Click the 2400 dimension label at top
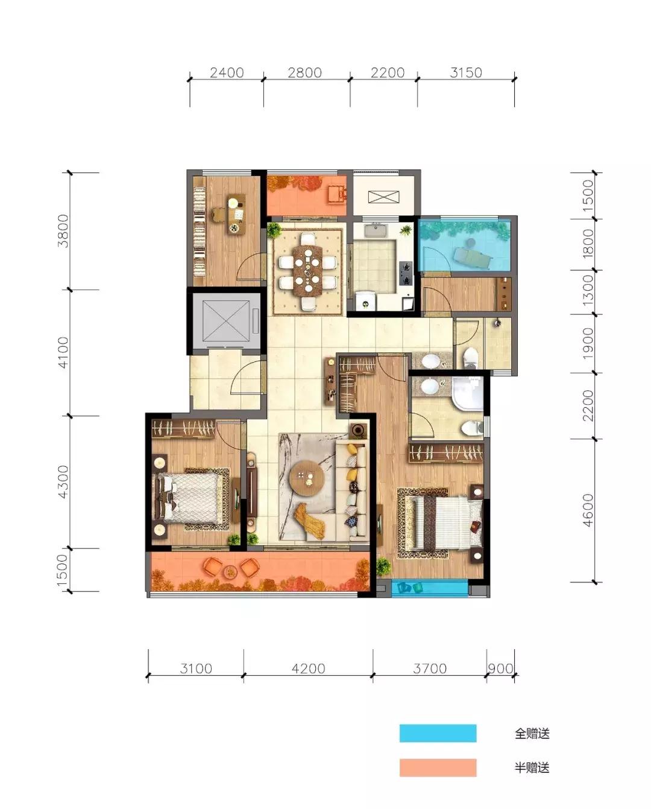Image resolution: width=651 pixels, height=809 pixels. click(x=227, y=72)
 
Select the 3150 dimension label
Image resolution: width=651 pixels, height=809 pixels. click(x=466, y=72)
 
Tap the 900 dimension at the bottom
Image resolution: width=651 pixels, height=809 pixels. click(x=500, y=669)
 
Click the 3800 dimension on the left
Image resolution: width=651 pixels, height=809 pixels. click(x=63, y=231)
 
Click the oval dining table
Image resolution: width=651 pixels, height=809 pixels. click(x=308, y=270)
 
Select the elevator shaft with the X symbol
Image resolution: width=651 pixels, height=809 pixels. click(x=226, y=322)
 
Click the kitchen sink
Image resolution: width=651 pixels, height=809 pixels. click(x=376, y=230)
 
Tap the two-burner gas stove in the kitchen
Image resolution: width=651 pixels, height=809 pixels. click(x=406, y=274)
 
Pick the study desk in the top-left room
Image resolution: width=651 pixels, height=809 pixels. click(x=236, y=214)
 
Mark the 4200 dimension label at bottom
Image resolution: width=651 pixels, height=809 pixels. click(x=308, y=669)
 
